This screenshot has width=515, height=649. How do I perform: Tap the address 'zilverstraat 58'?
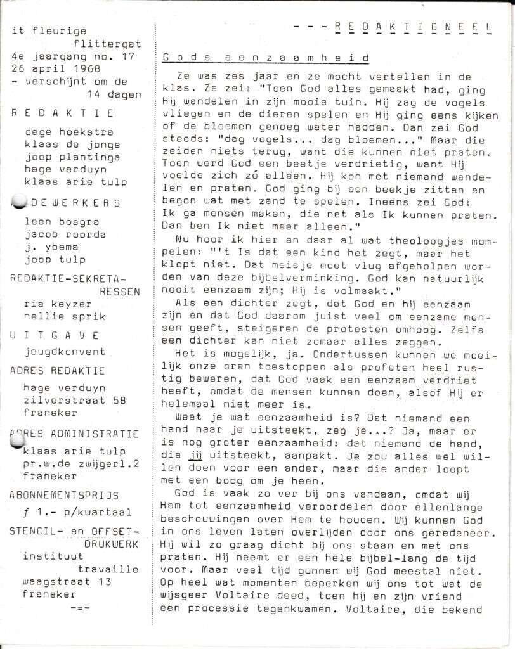click(74, 400)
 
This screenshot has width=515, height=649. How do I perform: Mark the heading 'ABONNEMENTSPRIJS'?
click(64, 495)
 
